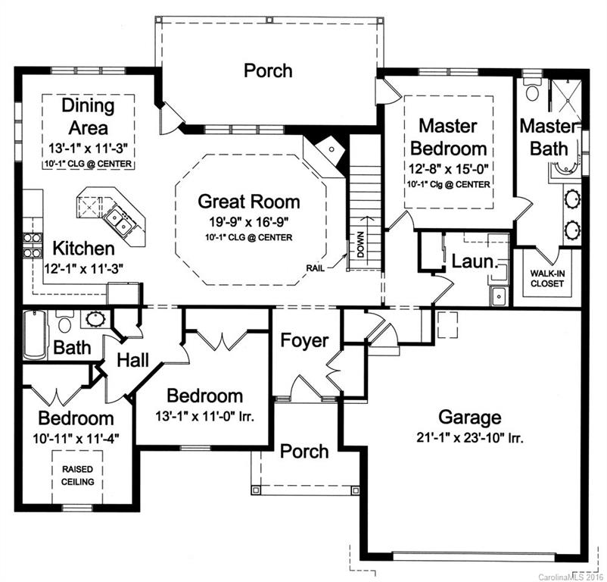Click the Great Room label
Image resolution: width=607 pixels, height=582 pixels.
click(248, 202)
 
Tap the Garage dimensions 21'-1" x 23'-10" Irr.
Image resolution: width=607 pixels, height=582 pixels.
click(469, 437)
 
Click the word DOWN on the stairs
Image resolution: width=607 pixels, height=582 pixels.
click(361, 244)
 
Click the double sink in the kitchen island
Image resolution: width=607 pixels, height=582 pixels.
click(120, 221)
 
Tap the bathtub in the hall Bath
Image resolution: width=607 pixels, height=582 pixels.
click(34, 333)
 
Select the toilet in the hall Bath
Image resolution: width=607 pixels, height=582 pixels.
click(64, 324)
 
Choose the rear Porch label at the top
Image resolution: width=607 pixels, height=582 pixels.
click(268, 70)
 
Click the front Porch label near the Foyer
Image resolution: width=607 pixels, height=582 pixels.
click(304, 451)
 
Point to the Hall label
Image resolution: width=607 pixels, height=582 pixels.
click(137, 360)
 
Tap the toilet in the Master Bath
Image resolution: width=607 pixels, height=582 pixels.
click(532, 92)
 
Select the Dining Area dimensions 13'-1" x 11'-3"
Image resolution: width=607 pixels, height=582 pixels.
click(88, 149)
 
